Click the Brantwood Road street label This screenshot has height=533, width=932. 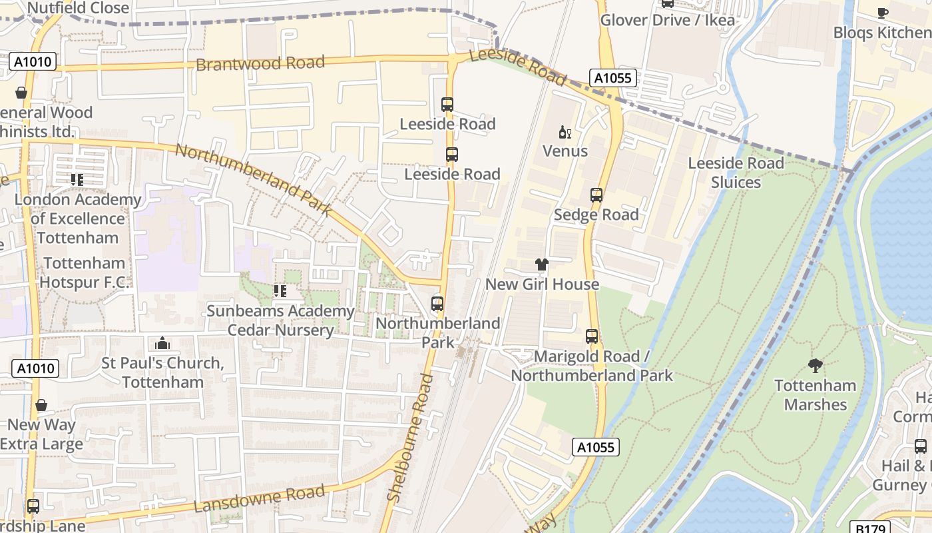[260, 63]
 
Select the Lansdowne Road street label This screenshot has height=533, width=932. [259, 499]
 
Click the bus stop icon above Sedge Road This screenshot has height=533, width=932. [596, 195]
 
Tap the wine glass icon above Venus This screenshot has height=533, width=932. [565, 132]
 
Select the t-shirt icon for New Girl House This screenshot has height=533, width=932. [542, 265]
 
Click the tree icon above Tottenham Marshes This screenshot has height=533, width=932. [815, 365]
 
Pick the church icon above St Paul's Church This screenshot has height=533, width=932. [162, 344]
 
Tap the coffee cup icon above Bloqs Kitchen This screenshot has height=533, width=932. [883, 12]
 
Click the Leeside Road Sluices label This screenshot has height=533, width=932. [736, 173]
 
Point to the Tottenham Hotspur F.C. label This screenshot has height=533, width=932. [84, 272]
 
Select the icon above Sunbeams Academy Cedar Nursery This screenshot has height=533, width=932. [280, 291]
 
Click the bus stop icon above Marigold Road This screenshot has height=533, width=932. [592, 336]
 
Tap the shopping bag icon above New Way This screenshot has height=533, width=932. [41, 405]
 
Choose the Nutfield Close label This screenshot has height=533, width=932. [78, 8]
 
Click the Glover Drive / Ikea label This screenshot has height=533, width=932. [668, 20]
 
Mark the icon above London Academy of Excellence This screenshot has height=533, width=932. [77, 180]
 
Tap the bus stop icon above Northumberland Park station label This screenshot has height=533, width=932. [437, 304]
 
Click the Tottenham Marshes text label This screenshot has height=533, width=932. [815, 394]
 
